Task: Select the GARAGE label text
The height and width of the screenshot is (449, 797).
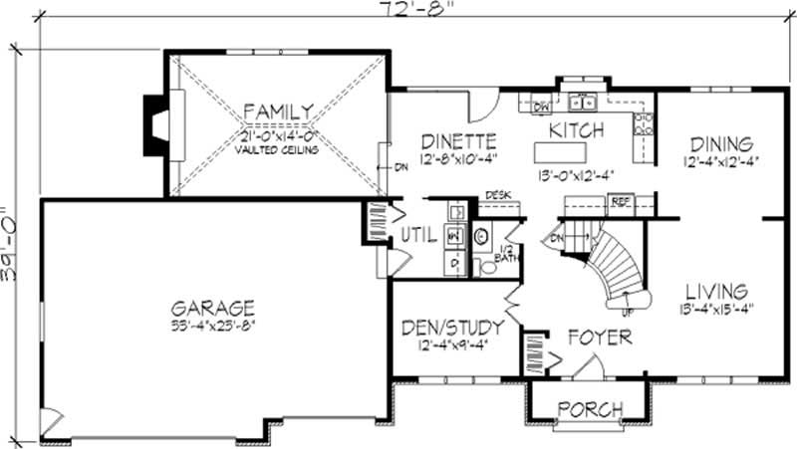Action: (211, 308)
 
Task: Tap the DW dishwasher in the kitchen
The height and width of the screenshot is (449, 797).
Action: (542, 106)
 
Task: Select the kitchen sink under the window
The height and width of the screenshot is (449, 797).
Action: (584, 102)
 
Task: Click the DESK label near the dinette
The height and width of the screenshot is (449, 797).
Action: (497, 195)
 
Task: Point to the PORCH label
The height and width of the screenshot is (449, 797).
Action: (589, 409)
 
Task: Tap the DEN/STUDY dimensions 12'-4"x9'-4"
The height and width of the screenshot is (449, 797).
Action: (451, 344)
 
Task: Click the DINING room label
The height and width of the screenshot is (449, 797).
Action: (718, 143)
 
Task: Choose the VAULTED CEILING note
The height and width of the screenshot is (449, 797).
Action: (277, 150)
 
